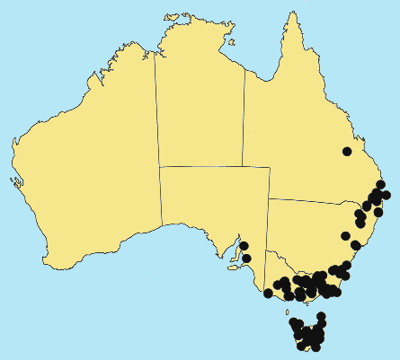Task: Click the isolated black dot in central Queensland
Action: (x=347, y=151)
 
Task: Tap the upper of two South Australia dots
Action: (x=244, y=245)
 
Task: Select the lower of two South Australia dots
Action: (x=246, y=259)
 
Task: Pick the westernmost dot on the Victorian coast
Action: (x=268, y=293)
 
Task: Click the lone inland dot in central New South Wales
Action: (x=345, y=236)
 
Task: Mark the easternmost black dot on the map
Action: (x=386, y=195)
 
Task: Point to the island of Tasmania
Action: (x=307, y=334)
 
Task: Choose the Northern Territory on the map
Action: (x=200, y=108)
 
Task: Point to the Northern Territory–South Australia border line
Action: (x=214, y=166)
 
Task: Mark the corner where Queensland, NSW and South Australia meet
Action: (x=268, y=198)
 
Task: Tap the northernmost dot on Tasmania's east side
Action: (x=322, y=317)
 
